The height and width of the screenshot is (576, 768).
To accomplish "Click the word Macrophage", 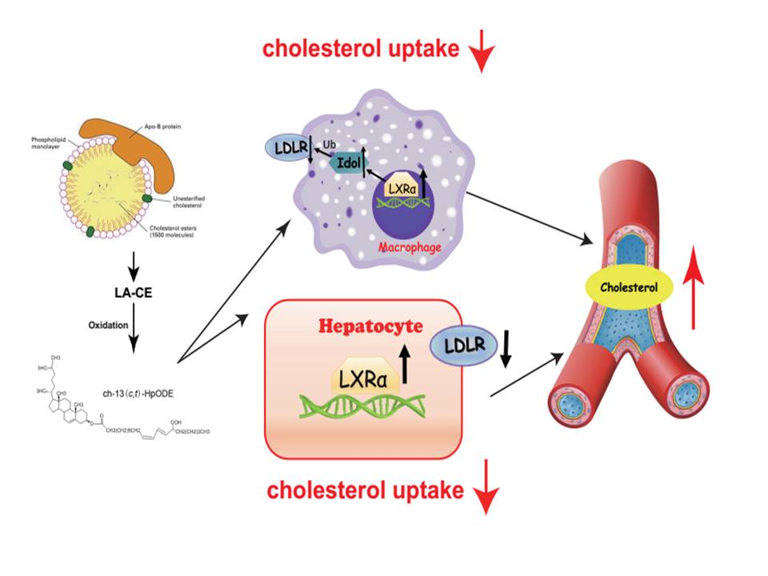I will (408, 246).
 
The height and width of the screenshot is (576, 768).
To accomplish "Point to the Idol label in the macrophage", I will (346, 162).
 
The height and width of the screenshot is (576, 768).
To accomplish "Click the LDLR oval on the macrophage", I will (286, 150).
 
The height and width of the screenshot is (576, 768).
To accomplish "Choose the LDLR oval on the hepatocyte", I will (462, 346).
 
